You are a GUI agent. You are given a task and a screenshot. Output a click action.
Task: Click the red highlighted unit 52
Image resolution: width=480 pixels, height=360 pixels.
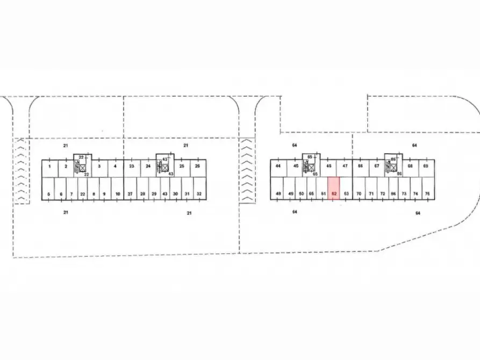pos(334,189)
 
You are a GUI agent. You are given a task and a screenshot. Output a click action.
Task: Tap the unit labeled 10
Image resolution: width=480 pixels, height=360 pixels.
pos(118,189)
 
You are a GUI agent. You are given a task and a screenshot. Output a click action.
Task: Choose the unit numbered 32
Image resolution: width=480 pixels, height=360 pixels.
pos(199,189)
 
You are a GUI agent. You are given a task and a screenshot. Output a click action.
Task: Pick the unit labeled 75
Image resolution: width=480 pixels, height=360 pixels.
pos(427,189)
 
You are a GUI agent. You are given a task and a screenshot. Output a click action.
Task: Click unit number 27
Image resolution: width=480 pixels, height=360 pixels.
pos(130,189)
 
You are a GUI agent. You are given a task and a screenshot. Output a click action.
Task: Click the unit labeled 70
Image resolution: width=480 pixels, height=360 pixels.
pos(359,189)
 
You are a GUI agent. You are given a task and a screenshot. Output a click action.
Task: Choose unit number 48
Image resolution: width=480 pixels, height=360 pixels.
pos(278,189)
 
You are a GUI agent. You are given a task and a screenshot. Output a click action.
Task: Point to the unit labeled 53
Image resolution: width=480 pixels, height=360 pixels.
pos(346,189)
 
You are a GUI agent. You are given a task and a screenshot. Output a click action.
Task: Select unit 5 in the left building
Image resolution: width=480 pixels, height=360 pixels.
pos(48,189)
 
